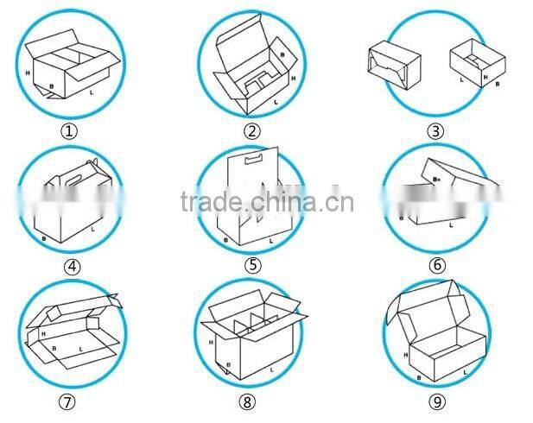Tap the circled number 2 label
(x=252, y=132)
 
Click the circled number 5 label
(x=252, y=267)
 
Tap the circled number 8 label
(x=249, y=401)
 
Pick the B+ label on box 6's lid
(x=437, y=178)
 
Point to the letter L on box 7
(x=81, y=350)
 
